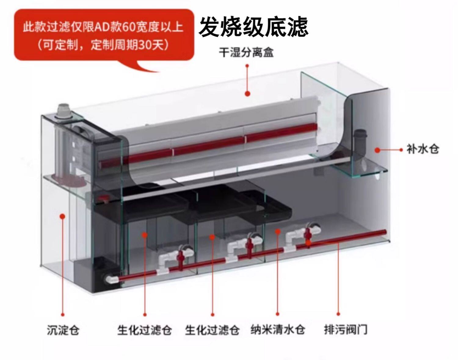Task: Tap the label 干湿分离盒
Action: pos(246,52)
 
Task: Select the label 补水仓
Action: pos(423,149)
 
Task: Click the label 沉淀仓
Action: pos(63,330)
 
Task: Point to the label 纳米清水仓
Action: pos(278,329)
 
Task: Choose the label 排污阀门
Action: pos(345,329)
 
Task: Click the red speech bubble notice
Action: pos(104,35)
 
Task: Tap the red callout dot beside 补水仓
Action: pos(378,150)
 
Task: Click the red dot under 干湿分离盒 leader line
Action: pos(247,93)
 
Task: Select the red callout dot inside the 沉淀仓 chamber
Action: pos(63,216)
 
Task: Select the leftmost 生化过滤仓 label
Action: pos(144,330)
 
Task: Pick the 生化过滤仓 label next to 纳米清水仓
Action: pos(212,330)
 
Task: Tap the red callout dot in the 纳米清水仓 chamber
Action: pos(278,231)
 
